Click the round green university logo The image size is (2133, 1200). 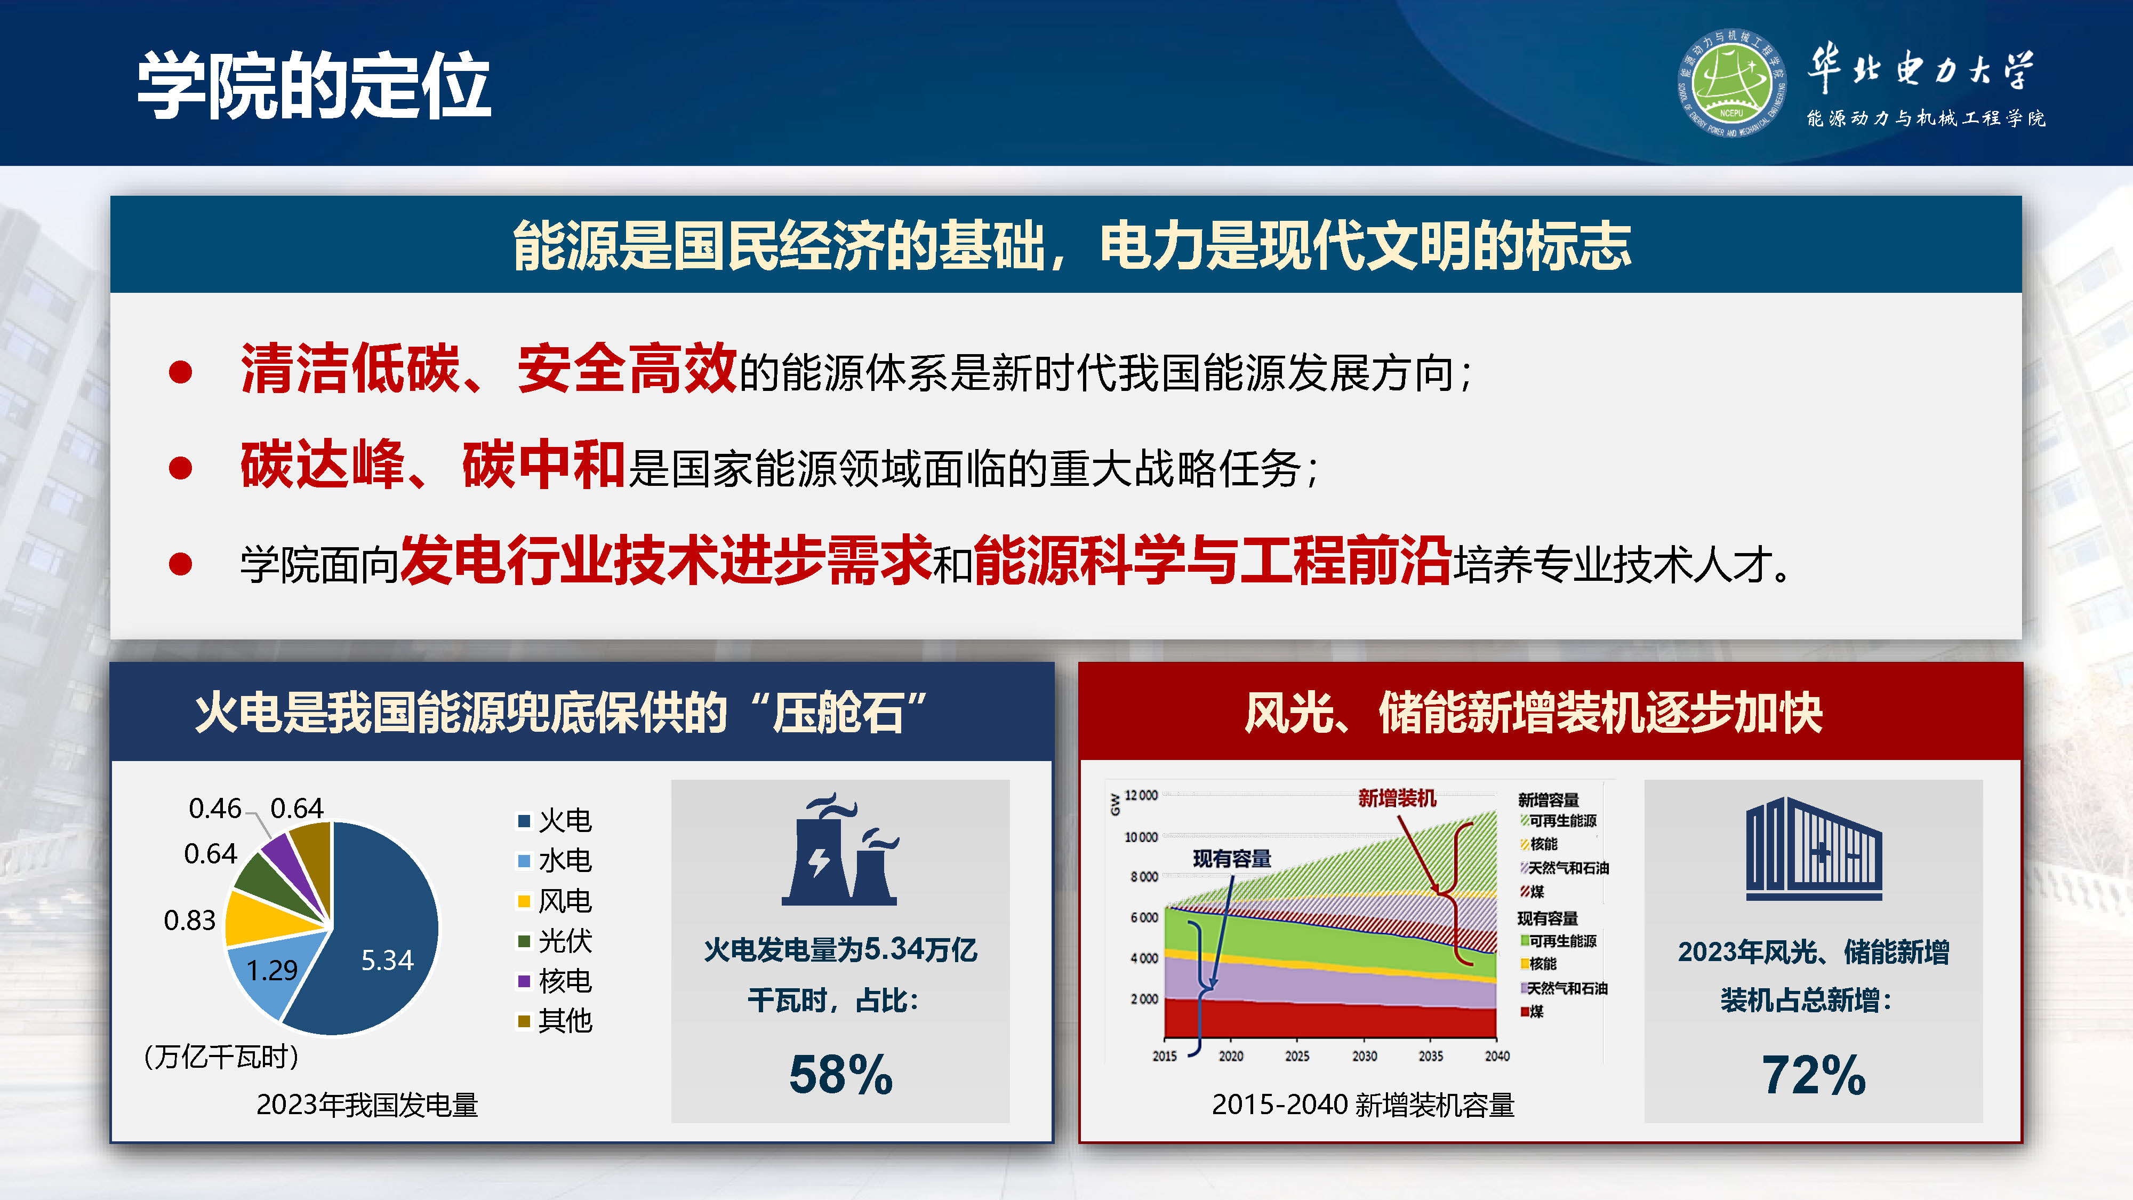click(1730, 83)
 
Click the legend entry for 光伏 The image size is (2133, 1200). click(555, 941)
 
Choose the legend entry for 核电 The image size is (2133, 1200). click(555, 981)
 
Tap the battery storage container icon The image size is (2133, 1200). click(1814, 849)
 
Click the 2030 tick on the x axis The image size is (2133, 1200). click(1364, 1056)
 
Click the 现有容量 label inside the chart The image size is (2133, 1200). click(1231, 859)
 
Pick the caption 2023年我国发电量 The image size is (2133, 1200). click(367, 1105)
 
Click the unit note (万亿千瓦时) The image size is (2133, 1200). click(221, 1057)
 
